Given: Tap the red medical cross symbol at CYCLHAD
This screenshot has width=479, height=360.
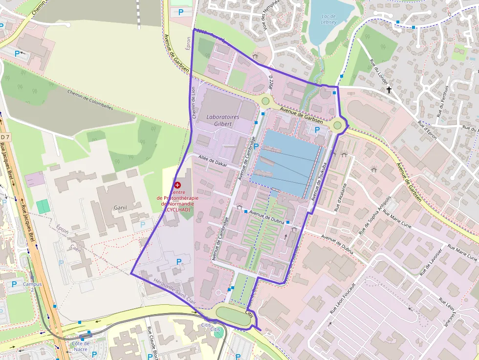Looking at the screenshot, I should (177, 185).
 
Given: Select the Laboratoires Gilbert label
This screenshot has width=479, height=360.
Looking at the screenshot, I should (223, 121).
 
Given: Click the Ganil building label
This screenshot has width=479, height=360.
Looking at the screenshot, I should (120, 208).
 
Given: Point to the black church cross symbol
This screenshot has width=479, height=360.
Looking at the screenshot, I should (389, 90).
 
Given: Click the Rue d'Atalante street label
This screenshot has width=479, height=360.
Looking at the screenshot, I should (340, 197).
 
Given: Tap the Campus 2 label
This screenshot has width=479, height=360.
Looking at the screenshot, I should (32, 287).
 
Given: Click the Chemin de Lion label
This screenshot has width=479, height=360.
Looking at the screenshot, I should (194, 103).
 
